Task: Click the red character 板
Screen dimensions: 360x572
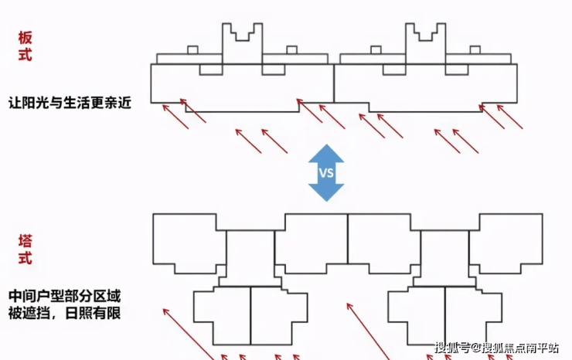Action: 26,37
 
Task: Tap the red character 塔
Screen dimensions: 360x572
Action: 26,240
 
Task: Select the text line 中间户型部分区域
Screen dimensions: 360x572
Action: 66,297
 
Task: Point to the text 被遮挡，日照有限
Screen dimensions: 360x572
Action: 66,314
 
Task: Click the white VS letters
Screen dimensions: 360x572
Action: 326,173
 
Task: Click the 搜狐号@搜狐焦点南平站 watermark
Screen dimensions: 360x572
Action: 495,347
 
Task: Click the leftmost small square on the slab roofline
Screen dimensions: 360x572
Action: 192,51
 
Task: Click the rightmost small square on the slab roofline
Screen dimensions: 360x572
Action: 474,51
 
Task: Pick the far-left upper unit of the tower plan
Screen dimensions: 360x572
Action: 185,242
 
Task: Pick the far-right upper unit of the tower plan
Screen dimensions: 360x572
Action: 507,242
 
